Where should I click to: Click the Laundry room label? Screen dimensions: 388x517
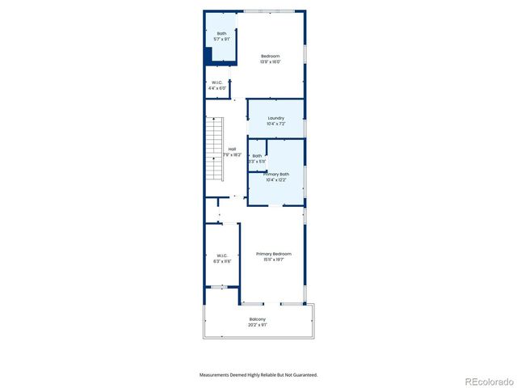(275, 118)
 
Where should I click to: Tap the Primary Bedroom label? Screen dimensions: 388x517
(274, 254)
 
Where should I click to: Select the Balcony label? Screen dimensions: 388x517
(258, 319)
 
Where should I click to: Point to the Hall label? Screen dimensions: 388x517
(232, 149)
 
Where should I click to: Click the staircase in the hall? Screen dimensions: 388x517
(214, 150)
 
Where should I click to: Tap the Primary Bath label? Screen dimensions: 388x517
(275, 174)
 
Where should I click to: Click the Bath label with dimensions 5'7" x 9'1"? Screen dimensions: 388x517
(221, 33)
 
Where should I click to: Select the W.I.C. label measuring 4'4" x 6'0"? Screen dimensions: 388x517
(217, 82)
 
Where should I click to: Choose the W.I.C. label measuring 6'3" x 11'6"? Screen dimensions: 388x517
(222, 255)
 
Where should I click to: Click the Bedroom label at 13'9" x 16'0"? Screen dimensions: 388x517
(270, 56)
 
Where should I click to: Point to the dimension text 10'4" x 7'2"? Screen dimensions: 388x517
(275, 124)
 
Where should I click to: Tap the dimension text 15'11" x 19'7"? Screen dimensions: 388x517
(274, 260)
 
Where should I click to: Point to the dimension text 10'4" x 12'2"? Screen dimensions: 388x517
(275, 180)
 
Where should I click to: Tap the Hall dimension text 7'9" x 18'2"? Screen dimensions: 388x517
(232, 155)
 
